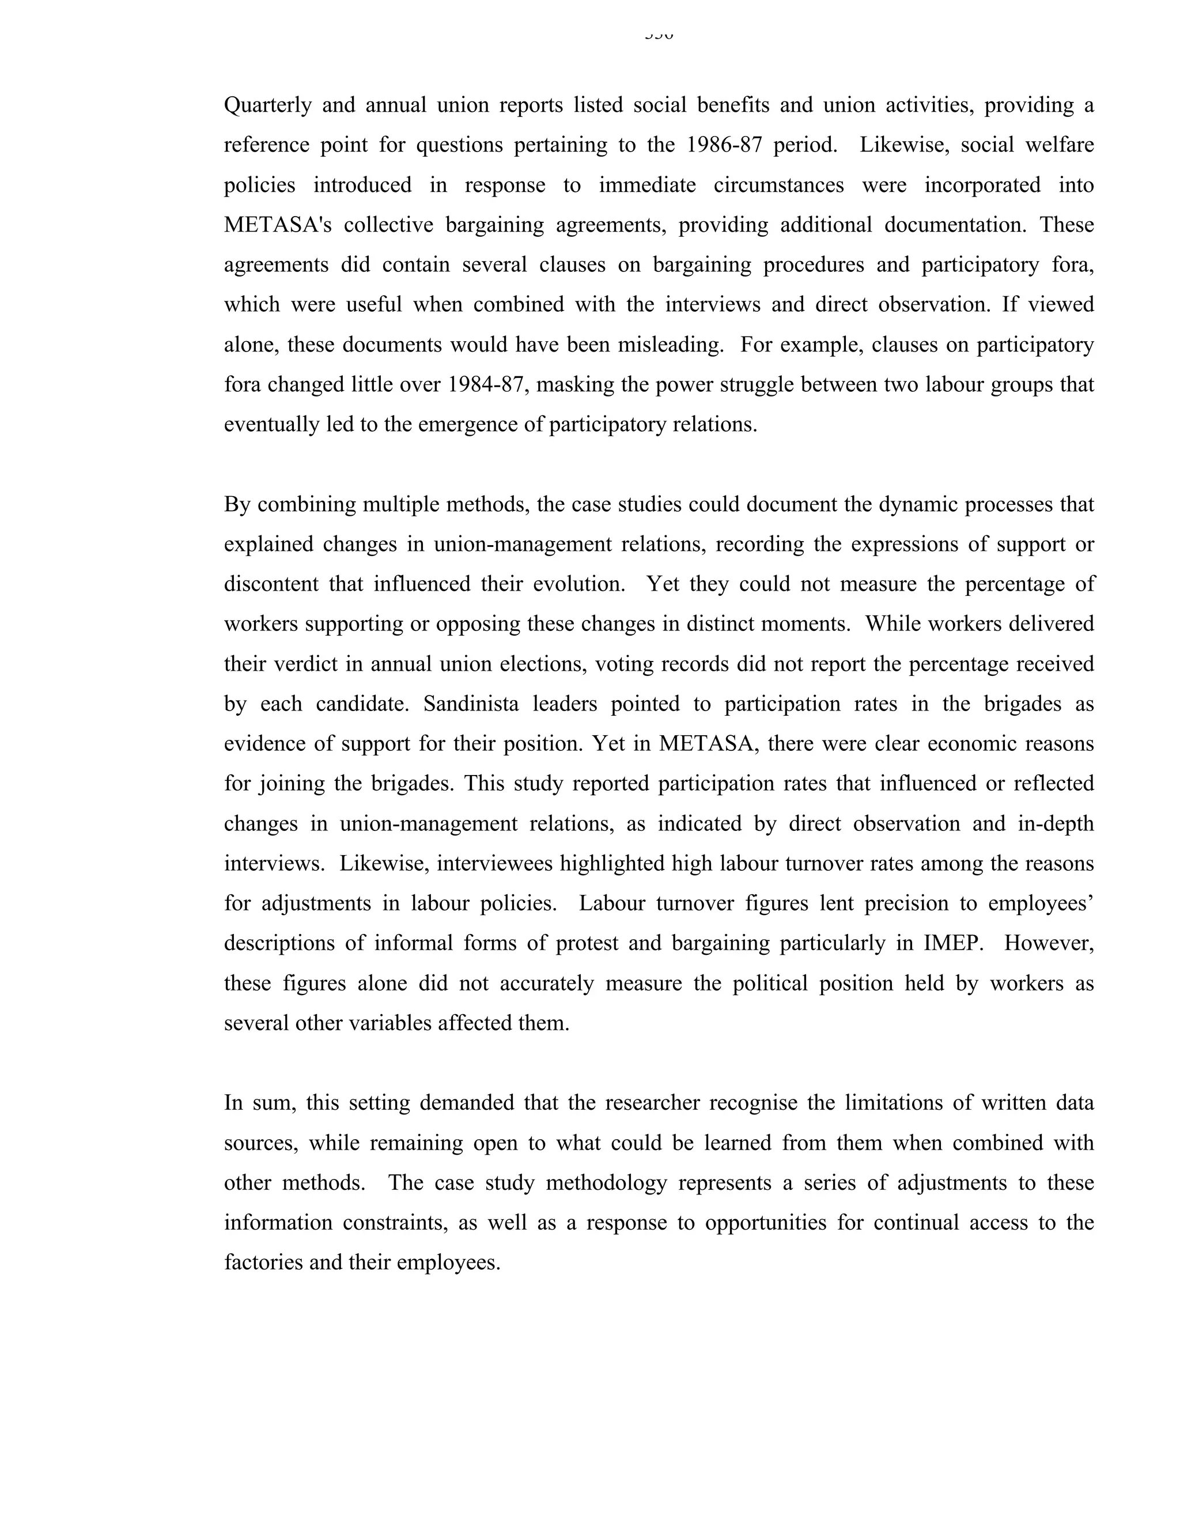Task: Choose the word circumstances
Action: (x=779, y=186)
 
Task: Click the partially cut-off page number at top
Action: (x=659, y=35)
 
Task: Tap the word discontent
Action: (x=271, y=584)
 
